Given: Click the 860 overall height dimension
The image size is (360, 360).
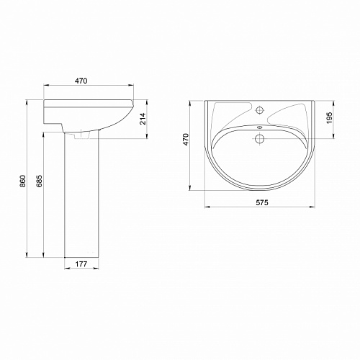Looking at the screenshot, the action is click(x=22, y=181).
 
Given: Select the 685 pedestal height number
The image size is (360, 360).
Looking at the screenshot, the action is click(x=40, y=181).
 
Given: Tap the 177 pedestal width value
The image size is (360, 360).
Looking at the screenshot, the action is click(x=81, y=264).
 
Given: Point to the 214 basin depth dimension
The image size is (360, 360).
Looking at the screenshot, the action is click(x=143, y=119).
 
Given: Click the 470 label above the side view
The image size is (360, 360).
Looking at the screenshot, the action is click(x=81, y=81).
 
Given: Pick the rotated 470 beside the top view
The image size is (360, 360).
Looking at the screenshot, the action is click(x=186, y=140).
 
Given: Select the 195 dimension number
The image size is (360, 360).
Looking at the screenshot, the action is click(x=329, y=117).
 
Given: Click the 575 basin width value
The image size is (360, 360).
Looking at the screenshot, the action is click(x=262, y=203).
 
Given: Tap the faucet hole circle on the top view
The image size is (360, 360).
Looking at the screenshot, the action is click(x=260, y=110).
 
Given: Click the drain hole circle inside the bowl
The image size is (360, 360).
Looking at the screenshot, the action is click(x=260, y=138).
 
